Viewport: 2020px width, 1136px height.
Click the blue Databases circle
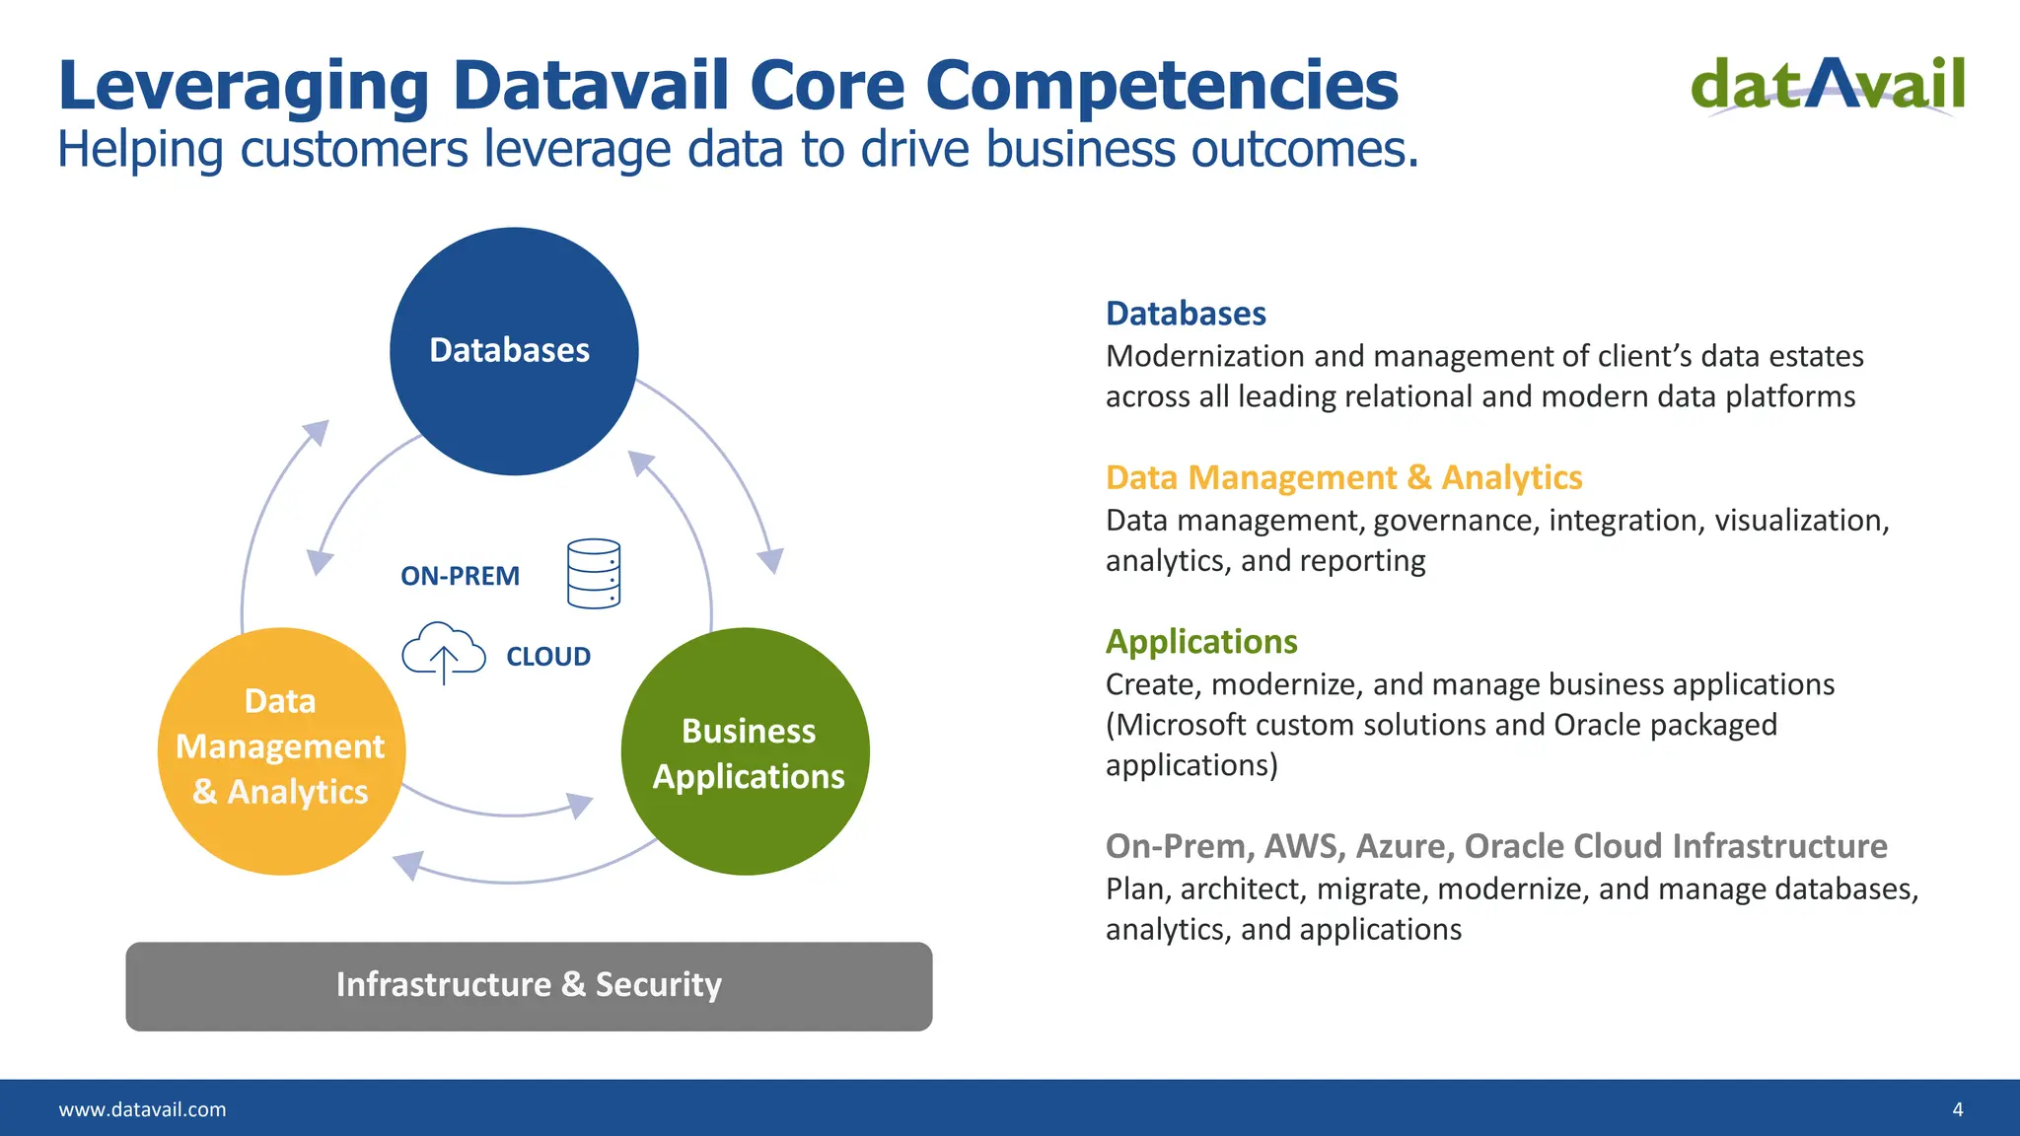tap(514, 351)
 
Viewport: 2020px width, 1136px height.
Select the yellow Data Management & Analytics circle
tap(281, 750)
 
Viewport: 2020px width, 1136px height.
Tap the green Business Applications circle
tap(746, 751)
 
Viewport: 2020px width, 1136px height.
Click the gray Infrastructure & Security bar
tap(529, 985)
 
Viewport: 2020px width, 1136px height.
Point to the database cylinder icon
tap(594, 573)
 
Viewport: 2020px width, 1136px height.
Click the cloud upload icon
tap(444, 652)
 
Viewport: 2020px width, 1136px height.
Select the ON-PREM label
tap(460, 576)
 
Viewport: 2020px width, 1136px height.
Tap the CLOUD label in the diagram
tap(548, 657)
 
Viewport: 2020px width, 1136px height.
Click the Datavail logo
tap(1828, 86)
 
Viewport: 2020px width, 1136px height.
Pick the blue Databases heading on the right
tap(1186, 314)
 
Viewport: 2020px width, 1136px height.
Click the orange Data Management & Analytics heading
tap(1343, 477)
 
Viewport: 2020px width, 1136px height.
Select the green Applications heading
tap(1201, 642)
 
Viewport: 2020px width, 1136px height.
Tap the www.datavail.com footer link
tap(143, 1109)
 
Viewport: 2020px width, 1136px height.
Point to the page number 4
tap(1957, 1109)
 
